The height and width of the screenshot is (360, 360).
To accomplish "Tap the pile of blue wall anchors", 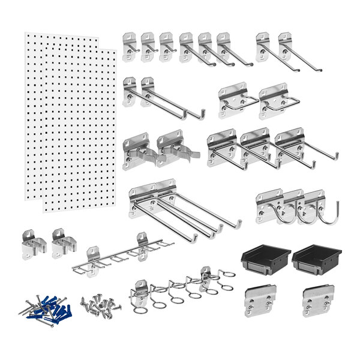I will coord(48,309).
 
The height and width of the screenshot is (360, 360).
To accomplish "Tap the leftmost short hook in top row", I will coord(131,47).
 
